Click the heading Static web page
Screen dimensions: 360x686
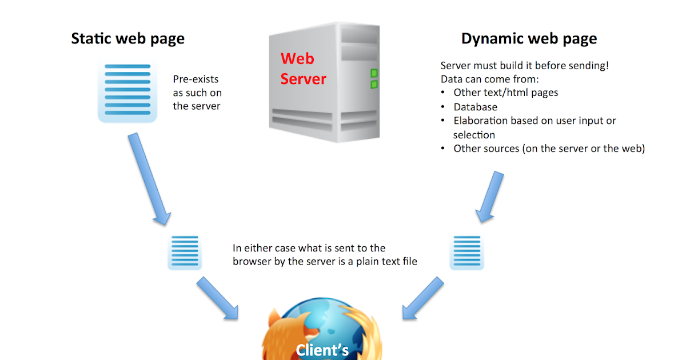127,39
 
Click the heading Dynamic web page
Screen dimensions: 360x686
529,39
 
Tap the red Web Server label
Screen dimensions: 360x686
303,69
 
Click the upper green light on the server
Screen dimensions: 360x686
374,73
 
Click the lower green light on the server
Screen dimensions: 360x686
374,85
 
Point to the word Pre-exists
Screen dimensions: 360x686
196,79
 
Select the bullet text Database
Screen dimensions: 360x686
475,107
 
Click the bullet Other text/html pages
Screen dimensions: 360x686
505,93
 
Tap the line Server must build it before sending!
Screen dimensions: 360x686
524,66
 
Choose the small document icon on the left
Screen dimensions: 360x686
184,251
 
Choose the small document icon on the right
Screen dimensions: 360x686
466,251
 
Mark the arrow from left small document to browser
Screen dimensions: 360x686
218,299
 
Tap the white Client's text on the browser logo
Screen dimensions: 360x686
322,349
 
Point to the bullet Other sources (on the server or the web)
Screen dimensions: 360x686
549,149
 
